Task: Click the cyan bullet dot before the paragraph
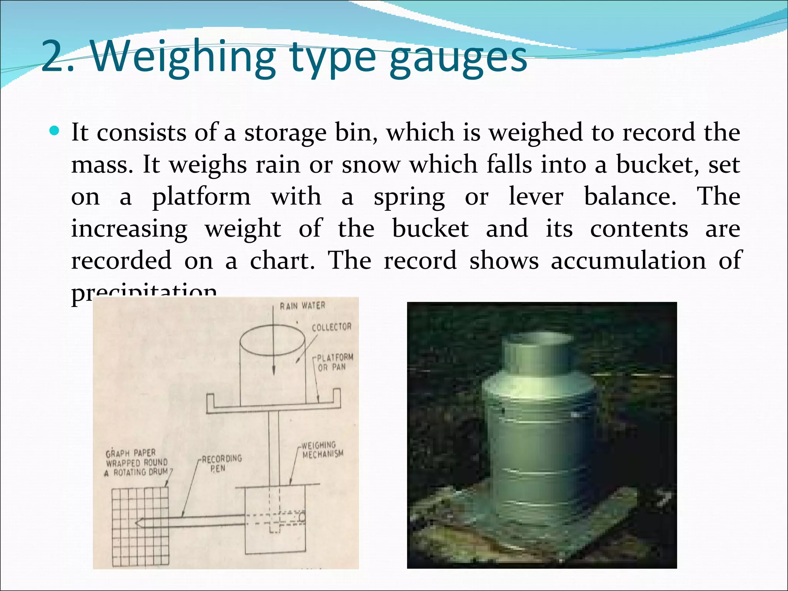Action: tap(55, 131)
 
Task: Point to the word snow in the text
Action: tap(371, 165)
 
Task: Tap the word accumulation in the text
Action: tap(629, 260)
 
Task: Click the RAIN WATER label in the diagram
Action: tap(302, 306)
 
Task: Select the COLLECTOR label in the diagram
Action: tap(331, 327)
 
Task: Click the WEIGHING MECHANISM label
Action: tap(322, 450)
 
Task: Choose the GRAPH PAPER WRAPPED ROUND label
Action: tap(137, 462)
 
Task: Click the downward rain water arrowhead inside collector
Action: tap(274, 370)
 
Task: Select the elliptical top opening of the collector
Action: tap(272, 341)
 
